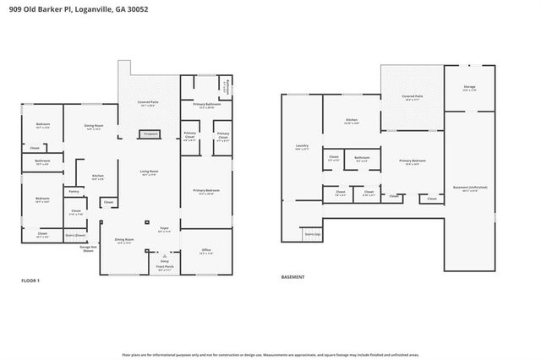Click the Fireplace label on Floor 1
point(150,134)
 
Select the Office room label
point(205,251)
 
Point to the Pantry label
point(74,193)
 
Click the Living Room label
point(150,172)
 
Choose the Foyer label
point(164,228)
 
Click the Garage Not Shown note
point(87,248)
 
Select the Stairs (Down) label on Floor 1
point(75,235)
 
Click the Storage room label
point(469,88)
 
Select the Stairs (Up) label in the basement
point(312,234)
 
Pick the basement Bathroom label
point(362,157)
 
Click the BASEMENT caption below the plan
point(293,276)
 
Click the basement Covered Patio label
point(413,99)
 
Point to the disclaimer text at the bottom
point(270,354)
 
